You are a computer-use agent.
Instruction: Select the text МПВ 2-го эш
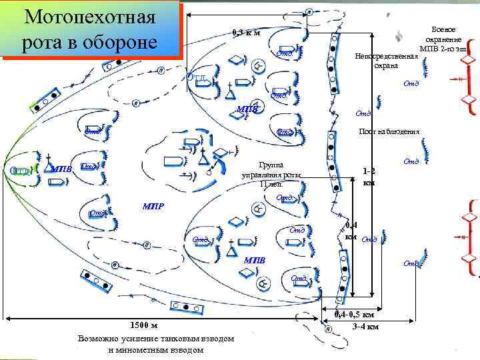[x=443, y=50]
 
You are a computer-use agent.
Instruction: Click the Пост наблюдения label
[x=389, y=131]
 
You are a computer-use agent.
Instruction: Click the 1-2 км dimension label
[x=369, y=176]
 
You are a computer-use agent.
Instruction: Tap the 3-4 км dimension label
[x=365, y=327]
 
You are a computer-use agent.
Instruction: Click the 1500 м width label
[x=143, y=325]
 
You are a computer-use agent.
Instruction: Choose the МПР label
[x=154, y=205]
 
